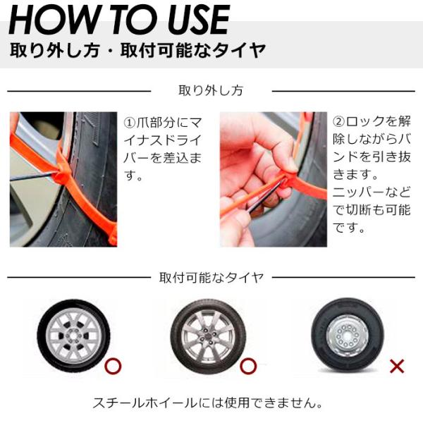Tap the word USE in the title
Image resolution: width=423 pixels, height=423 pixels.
pyautogui.click(x=198, y=20)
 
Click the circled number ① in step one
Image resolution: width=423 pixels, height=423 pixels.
pyautogui.click(x=130, y=123)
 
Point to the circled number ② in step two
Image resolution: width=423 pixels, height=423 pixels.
pyautogui.click(x=338, y=122)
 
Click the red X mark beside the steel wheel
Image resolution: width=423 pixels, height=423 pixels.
pyautogui.click(x=397, y=366)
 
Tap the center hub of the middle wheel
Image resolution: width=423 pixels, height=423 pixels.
pyautogui.click(x=208, y=336)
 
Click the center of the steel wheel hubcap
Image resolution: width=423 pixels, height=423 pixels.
pyautogui.click(x=347, y=336)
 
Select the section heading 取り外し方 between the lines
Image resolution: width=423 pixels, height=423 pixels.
pyautogui.click(x=211, y=91)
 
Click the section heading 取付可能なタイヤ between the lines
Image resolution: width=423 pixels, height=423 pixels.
pyautogui.click(x=211, y=277)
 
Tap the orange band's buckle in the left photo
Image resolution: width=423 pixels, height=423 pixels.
pyautogui.click(x=61, y=176)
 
